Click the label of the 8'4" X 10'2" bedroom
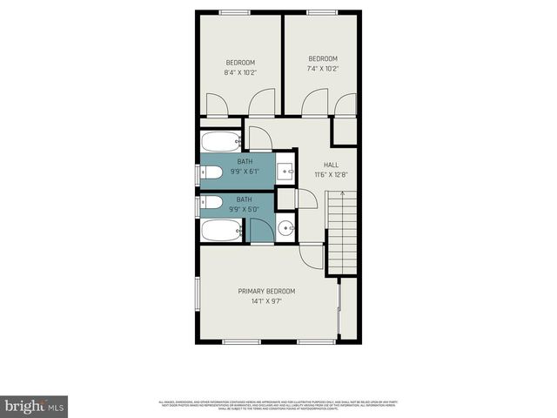(240, 62)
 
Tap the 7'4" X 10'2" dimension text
(323, 69)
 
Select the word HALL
(331, 165)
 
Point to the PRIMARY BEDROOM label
(267, 291)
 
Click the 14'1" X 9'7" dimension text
(267, 301)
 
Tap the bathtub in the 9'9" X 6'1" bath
(221, 141)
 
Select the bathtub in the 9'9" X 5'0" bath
(221, 231)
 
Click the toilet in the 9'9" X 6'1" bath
(211, 172)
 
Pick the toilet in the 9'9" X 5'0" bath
(211, 203)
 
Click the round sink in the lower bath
(286, 230)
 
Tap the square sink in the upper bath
(286, 170)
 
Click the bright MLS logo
(34, 406)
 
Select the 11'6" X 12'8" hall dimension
(331, 175)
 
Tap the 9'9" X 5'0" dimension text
(245, 209)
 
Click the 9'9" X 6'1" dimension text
(245, 172)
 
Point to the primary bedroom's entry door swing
(311, 256)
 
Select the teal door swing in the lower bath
(260, 230)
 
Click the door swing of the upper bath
(260, 139)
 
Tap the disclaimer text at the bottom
(278, 405)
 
